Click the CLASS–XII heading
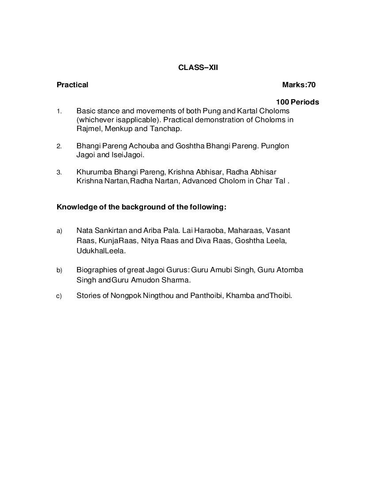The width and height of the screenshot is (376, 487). pos(198,68)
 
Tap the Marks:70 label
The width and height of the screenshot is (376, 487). pos(299,85)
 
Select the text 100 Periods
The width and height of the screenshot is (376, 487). pos(297,102)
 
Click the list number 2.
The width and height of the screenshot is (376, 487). pos(59,146)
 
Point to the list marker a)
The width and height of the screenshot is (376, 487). pos(59,231)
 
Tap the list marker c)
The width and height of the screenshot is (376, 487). pos(59,296)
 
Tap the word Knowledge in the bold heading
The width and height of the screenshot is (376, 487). pos(74,207)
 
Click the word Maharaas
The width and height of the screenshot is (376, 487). pos(246,230)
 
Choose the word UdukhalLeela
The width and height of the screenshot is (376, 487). pos(101,251)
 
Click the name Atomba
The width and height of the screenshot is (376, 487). pos(290,270)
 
